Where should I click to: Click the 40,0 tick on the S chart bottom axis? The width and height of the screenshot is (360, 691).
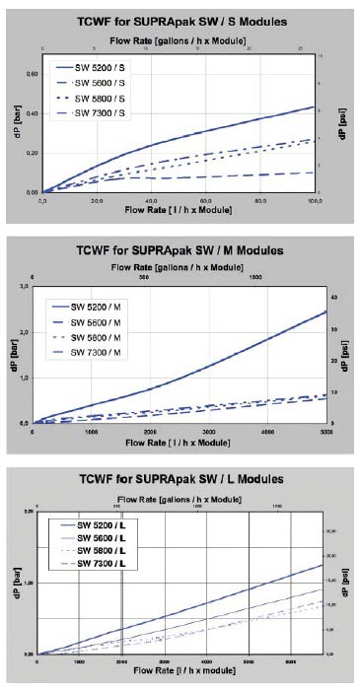pyautogui.click(x=152, y=200)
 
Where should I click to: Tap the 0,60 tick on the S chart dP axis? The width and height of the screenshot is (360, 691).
pyautogui.click(x=32, y=73)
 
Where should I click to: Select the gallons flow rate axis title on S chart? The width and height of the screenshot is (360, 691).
pyautogui.click(x=179, y=37)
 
